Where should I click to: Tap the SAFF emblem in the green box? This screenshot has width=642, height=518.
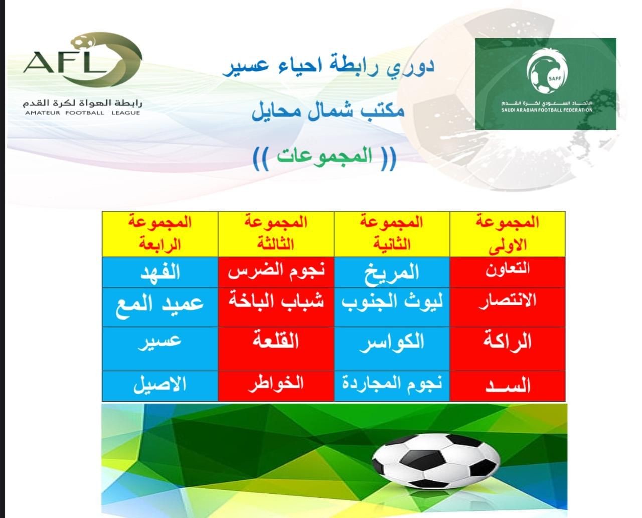tap(547, 71)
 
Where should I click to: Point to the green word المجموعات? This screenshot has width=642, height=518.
tap(325, 156)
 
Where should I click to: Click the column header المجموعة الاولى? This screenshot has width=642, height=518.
tap(507, 234)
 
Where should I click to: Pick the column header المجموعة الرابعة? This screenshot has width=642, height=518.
tap(159, 233)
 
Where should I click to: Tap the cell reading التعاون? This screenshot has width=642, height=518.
tap(507, 269)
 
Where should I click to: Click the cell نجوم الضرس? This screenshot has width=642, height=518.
tap(276, 271)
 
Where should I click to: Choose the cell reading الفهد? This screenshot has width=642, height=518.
tap(160, 272)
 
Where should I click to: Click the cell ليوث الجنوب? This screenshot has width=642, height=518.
tap(392, 302)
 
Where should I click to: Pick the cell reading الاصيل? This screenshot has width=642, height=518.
tap(159, 384)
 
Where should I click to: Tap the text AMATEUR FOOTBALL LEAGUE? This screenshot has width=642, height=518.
tap(82, 113)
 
